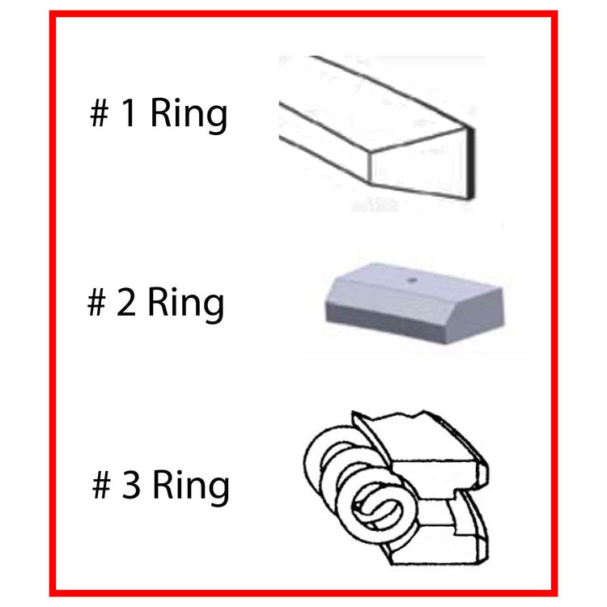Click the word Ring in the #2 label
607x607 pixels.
point(185,303)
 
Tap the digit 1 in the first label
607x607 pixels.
point(129,112)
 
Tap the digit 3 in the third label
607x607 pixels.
point(131,483)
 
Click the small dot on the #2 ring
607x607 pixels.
point(413,279)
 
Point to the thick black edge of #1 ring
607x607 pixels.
point(471,163)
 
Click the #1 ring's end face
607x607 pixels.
point(418,167)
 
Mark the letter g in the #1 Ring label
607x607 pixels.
point(216,119)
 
